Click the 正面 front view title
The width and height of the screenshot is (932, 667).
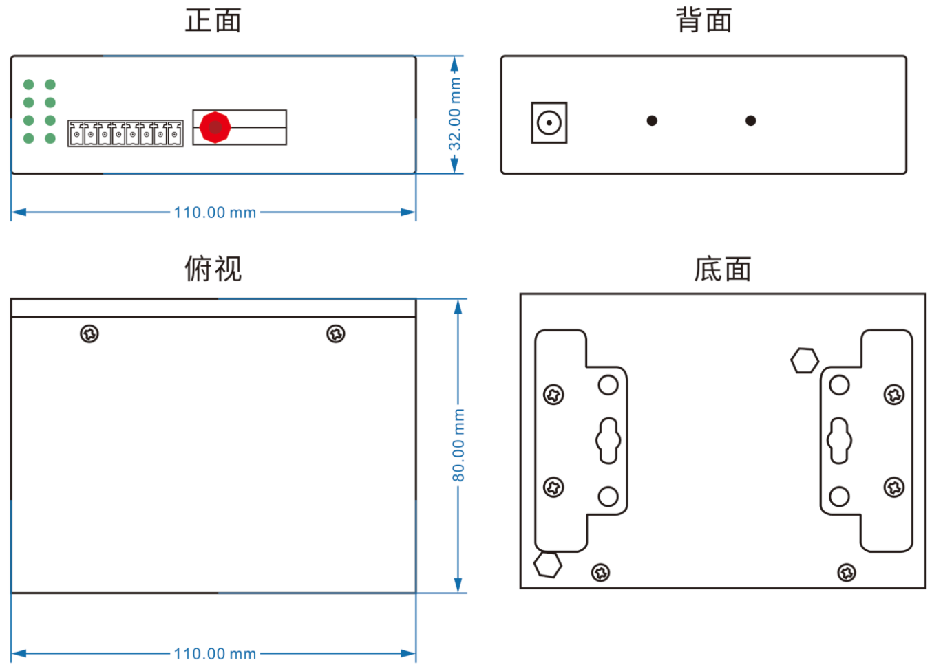coord(213,21)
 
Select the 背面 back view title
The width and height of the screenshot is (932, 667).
coord(703,21)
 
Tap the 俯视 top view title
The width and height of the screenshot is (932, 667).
coord(213,269)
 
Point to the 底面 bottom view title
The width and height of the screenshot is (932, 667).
coord(722,269)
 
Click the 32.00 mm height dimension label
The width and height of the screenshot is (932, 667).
coord(455,114)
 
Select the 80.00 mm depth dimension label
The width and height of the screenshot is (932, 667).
coord(458,446)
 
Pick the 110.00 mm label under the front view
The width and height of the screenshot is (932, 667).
coord(215,212)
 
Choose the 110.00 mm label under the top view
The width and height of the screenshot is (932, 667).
coord(215,654)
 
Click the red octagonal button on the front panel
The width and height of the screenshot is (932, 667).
coord(215,127)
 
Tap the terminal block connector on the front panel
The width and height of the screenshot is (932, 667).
coord(125,133)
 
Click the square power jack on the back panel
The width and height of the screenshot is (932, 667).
coord(549,123)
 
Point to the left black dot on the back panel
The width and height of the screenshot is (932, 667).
coord(652,121)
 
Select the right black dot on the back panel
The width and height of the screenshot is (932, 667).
coord(751,121)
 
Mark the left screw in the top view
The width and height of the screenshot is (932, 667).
coord(89,334)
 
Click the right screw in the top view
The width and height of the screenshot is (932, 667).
coord(336,334)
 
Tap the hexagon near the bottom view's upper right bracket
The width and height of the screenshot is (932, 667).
coord(805,360)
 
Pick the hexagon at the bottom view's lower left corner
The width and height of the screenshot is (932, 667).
coord(548,565)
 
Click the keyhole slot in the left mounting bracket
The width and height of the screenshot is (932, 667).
coord(608,441)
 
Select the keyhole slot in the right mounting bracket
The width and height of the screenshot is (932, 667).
coord(839,441)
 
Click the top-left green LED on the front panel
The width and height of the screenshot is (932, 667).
coord(29,85)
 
